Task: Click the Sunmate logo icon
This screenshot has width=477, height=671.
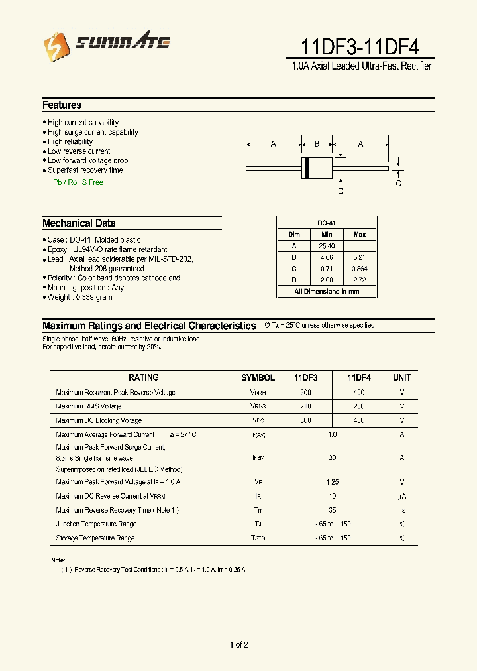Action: [56, 46]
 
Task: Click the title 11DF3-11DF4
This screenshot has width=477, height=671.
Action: [360, 47]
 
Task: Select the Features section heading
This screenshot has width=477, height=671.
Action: [62, 105]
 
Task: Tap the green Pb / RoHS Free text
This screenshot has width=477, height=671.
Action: [78, 182]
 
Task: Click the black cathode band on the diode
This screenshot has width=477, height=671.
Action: [306, 168]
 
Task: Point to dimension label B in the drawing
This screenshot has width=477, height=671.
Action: [317, 143]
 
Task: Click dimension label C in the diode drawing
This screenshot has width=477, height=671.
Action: [398, 184]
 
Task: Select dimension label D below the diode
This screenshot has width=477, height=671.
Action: [341, 192]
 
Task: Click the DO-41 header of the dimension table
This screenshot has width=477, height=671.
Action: [326, 223]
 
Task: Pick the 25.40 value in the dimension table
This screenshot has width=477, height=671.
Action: [327, 246]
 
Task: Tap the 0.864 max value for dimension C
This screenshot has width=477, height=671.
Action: [359, 269]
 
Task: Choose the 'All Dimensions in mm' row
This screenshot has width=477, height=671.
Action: [326, 292]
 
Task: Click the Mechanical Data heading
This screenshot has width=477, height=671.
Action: [79, 223]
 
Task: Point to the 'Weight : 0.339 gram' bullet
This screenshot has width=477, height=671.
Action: [79, 298]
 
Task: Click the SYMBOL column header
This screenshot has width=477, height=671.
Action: [258, 377]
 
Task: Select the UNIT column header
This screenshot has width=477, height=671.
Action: [401, 377]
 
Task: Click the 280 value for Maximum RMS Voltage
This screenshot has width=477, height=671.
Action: [358, 406]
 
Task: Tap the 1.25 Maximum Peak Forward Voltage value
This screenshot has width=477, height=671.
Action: [332, 482]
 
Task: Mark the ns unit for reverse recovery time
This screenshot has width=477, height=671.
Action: [401, 511]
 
